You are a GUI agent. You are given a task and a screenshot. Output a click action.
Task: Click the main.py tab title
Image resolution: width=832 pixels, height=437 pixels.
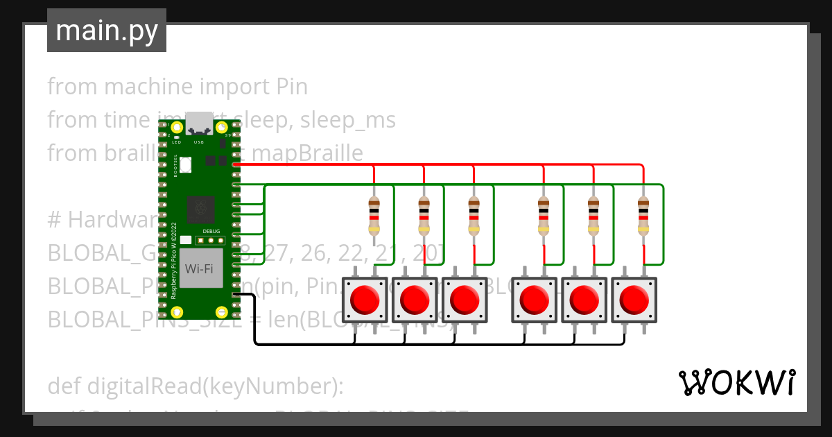106,31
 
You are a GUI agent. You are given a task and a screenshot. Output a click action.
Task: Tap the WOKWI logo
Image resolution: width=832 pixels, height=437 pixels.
736,382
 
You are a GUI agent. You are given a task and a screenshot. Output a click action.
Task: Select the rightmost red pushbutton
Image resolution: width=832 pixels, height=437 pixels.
633,300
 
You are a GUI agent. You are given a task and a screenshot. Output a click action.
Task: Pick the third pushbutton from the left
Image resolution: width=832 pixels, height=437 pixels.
465,300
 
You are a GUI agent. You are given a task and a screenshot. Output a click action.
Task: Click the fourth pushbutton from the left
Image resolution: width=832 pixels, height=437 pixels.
534,300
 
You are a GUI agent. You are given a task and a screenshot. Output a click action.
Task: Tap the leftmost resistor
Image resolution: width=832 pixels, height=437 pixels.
374,215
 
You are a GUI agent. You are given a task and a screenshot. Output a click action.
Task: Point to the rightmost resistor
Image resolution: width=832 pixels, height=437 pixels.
644,215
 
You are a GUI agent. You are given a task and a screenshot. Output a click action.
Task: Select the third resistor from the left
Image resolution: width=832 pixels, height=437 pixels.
474,215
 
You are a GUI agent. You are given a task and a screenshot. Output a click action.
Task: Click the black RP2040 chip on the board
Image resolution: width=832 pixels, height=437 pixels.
200,209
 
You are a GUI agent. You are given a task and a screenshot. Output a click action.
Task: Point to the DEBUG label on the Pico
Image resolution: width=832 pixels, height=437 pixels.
211,231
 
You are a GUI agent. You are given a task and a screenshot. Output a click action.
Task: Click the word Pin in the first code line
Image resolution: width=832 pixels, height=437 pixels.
292,87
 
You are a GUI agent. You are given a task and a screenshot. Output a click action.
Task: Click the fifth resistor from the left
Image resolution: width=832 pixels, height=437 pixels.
593,215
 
